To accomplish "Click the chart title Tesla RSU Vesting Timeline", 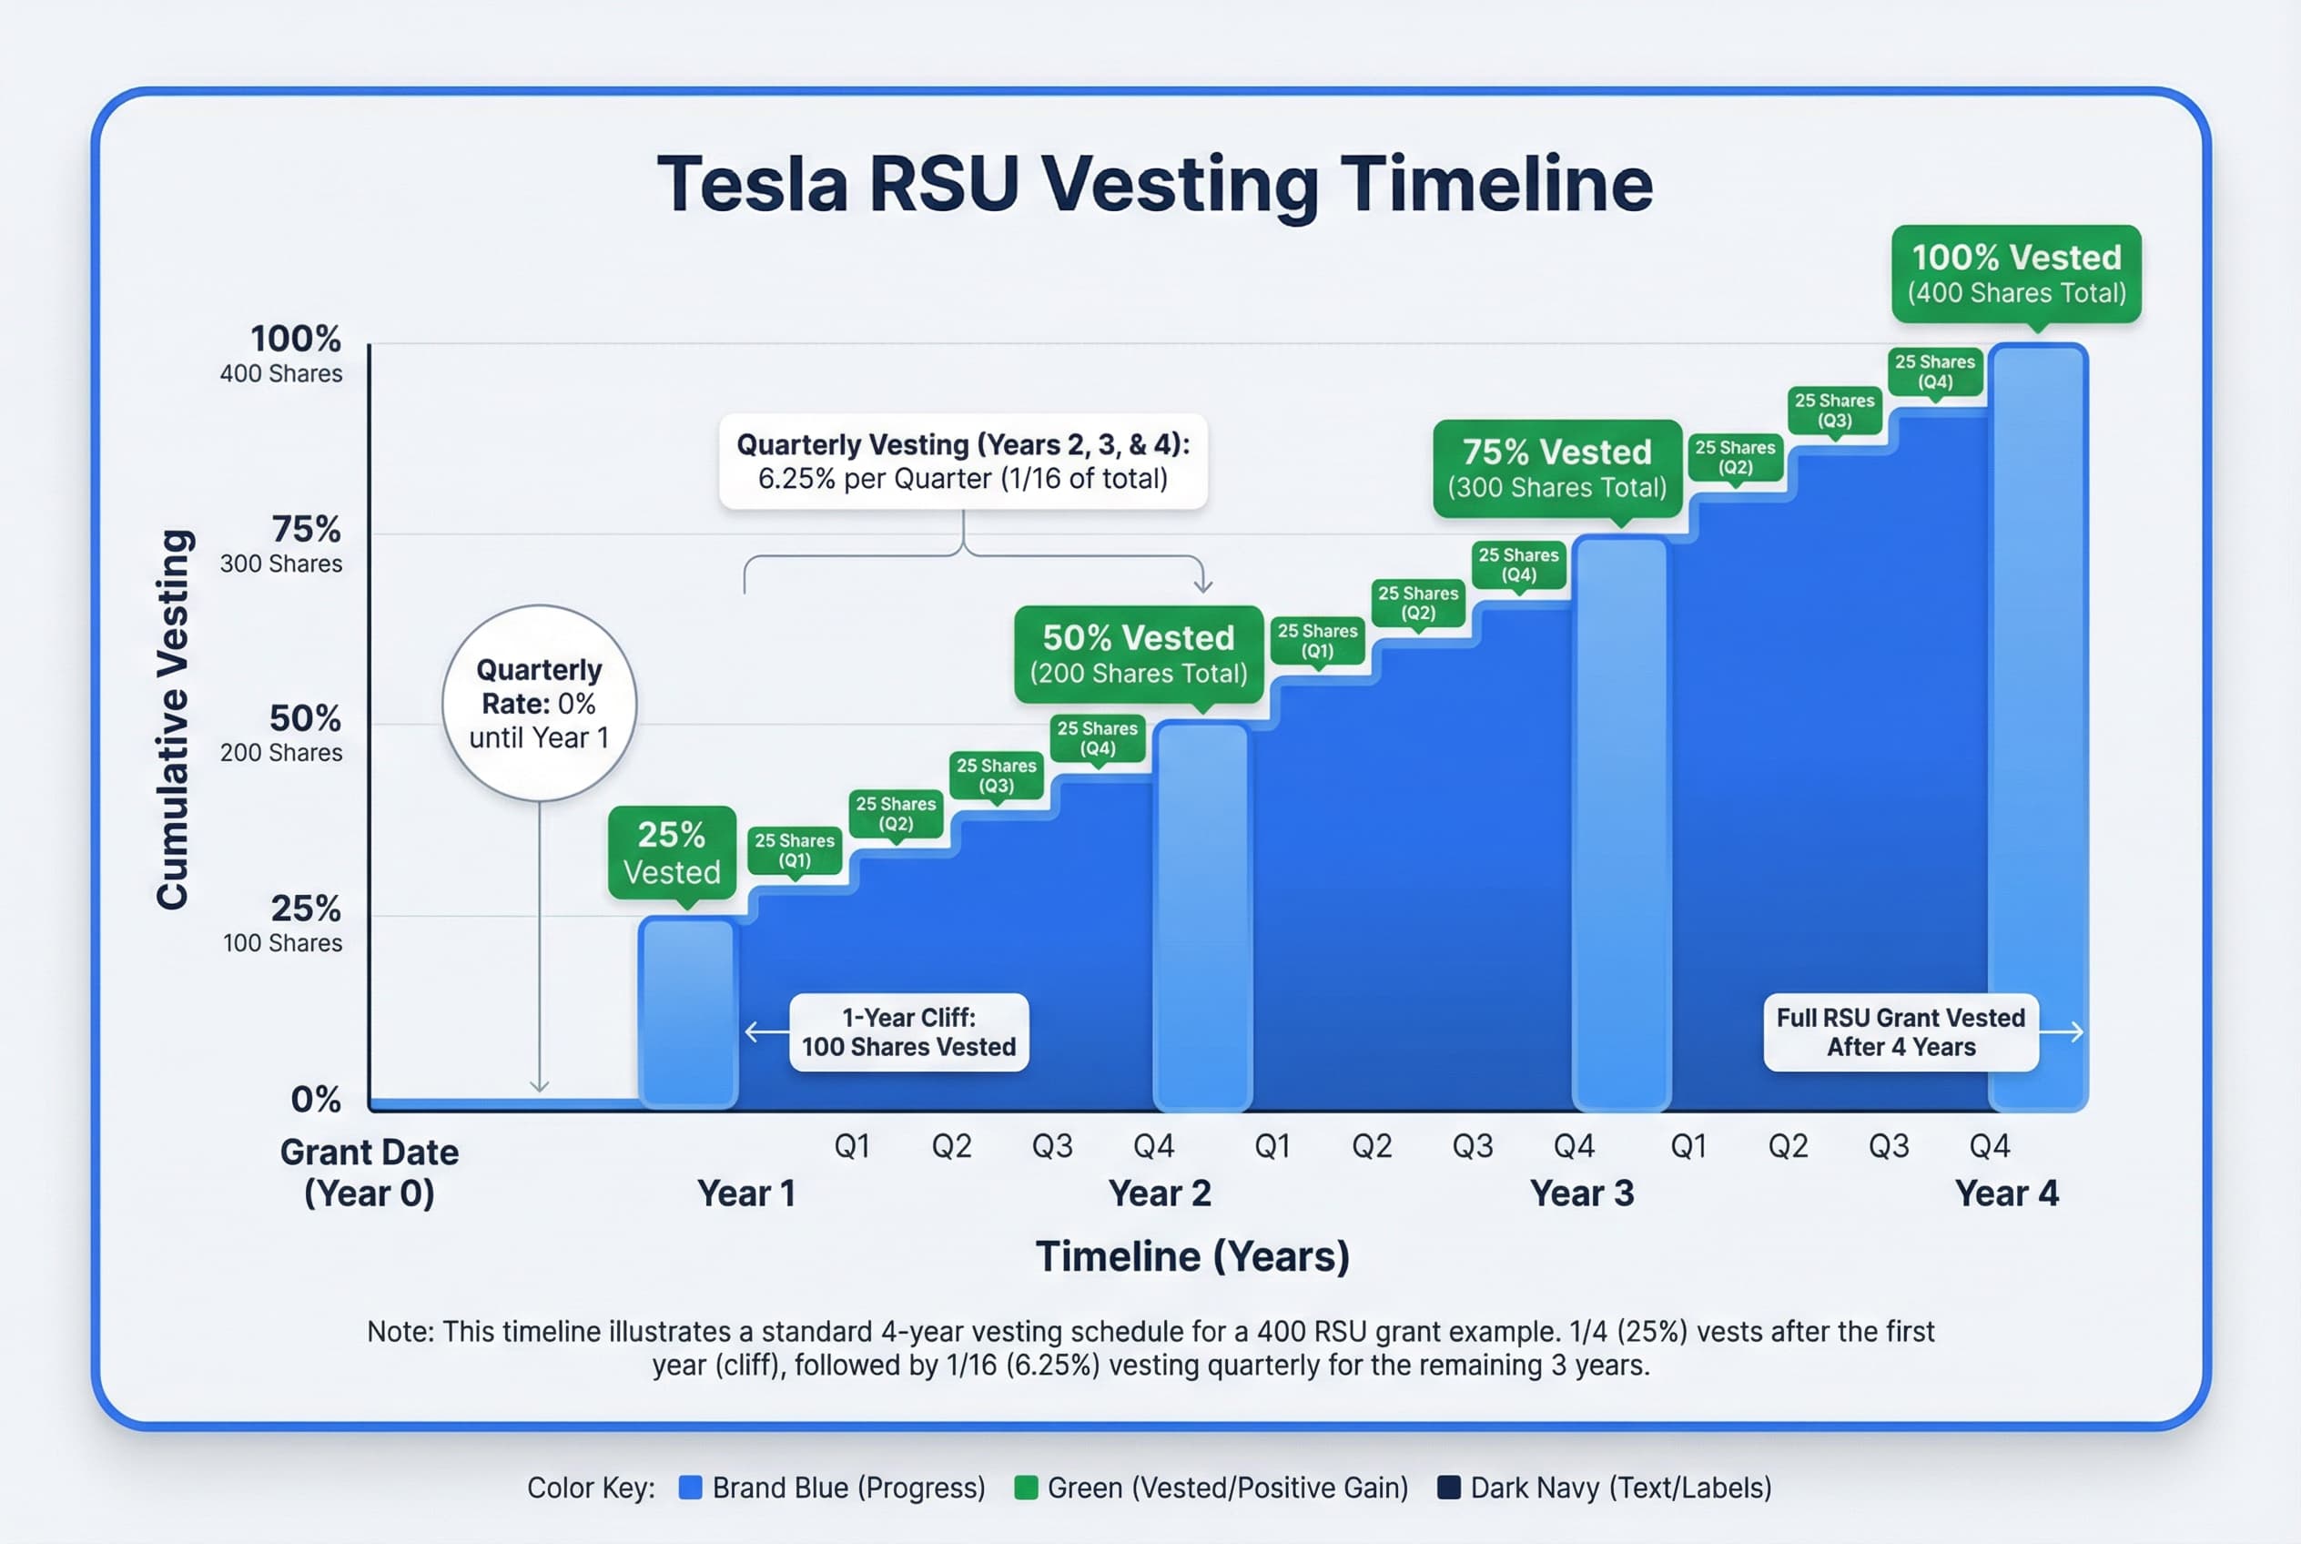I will point(1154,184).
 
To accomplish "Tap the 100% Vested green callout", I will point(2015,274).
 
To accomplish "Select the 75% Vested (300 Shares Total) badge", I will point(1556,469).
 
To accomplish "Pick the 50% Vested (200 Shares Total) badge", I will point(1138,655).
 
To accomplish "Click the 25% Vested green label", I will point(672,853).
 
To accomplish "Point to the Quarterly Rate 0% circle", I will point(539,703).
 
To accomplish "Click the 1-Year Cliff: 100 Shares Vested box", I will point(908,1032).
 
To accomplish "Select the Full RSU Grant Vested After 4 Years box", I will point(1901,1032).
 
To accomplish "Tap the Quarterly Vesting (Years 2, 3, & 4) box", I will point(963,461).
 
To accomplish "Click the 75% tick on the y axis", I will point(306,530).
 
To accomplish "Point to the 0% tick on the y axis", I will point(316,1099).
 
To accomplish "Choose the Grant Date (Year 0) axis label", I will point(370,1172).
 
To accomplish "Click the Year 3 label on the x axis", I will point(1581,1194).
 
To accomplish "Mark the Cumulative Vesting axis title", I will point(173,720).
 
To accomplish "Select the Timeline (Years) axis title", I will point(1192,1256).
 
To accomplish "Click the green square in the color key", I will point(1026,1487).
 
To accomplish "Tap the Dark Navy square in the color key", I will point(1448,1487).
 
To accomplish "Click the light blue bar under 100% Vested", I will point(2037,728).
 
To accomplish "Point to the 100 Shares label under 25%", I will point(282,943).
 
